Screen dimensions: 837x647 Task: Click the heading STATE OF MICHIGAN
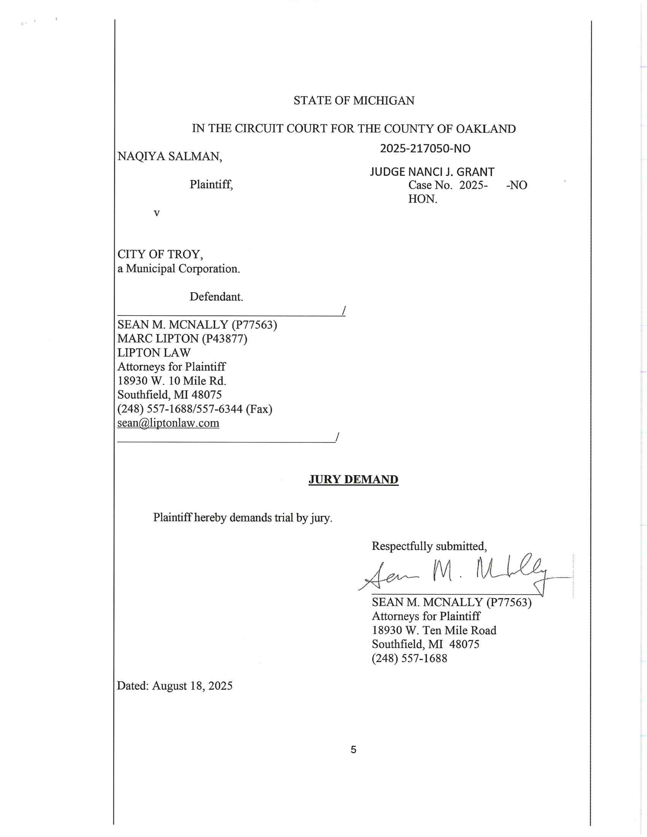click(x=354, y=101)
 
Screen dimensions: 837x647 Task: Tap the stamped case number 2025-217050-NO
click(x=425, y=149)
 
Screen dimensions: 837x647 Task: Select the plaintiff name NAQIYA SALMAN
click(x=169, y=156)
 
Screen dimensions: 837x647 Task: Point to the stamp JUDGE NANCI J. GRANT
click(x=432, y=172)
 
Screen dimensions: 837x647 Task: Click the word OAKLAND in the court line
click(x=486, y=129)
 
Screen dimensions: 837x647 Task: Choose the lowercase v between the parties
click(x=156, y=213)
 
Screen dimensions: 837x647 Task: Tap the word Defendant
click(x=216, y=297)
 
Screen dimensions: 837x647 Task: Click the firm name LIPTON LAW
click(x=154, y=353)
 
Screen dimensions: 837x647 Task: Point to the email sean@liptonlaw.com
click(x=168, y=423)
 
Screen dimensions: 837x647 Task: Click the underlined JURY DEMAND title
click(x=354, y=480)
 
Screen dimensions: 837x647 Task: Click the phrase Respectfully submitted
click(x=429, y=546)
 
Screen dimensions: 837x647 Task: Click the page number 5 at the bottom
click(x=354, y=749)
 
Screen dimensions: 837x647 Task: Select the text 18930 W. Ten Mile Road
click(x=434, y=630)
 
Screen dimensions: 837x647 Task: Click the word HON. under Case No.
click(x=423, y=199)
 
